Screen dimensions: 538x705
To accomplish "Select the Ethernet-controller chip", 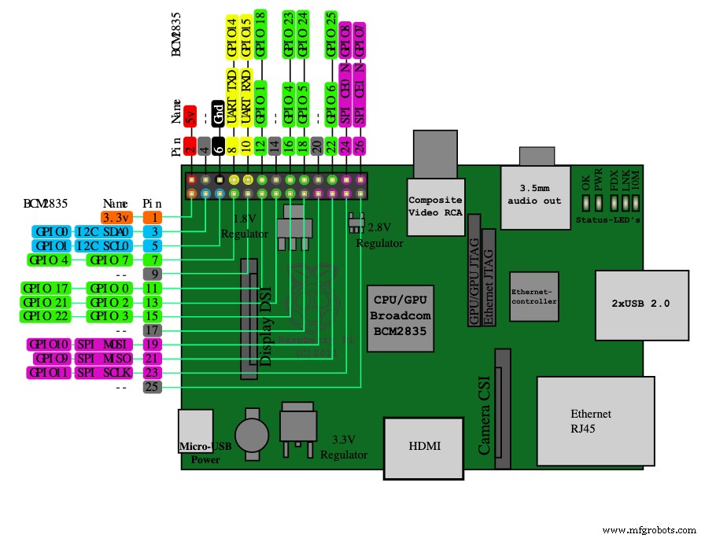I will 533,296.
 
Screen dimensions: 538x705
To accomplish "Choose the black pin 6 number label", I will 219,146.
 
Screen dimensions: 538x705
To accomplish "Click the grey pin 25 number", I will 153,387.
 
